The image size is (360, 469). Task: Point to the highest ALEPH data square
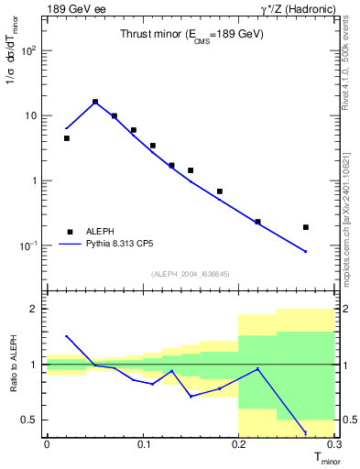click(x=95, y=103)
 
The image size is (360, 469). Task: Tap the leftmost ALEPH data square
click(x=66, y=138)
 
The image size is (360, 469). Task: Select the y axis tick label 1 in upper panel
click(x=35, y=180)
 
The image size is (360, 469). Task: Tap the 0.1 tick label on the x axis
click(x=143, y=444)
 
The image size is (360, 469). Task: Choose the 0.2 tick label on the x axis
click(x=238, y=444)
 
